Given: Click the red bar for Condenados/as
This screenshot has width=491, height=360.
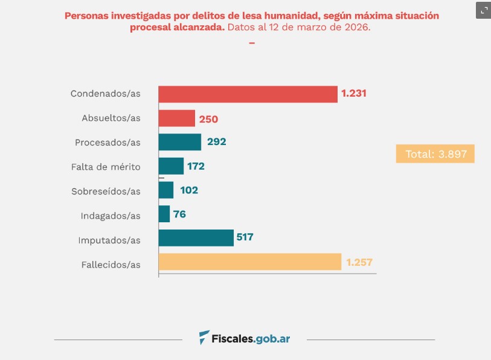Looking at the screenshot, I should (248, 94).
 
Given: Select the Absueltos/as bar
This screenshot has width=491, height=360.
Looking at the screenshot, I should (176, 118).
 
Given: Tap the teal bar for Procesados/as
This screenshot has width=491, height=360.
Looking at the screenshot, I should (179, 142).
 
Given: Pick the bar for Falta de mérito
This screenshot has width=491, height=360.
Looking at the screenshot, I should (171, 166).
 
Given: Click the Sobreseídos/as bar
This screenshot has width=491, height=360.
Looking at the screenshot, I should (166, 190).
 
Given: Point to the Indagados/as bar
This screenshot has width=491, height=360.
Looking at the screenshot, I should (164, 214).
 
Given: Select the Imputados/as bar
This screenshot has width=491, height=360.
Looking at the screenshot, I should (196, 238).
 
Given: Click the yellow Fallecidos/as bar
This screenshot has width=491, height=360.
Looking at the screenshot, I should (249, 262).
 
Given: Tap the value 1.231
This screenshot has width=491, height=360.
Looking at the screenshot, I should (354, 94).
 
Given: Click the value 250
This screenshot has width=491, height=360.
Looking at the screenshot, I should (208, 119).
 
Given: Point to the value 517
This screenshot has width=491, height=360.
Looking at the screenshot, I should (245, 237).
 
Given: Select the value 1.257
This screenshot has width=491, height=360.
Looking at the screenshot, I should (360, 263).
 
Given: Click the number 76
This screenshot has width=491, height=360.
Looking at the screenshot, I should (180, 214).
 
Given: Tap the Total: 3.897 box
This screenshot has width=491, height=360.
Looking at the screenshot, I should (435, 154).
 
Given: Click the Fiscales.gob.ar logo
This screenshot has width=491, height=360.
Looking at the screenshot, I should (245, 338).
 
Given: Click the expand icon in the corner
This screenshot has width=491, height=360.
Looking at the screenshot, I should (483, 10).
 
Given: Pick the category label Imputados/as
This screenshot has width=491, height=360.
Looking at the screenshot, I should (109, 240).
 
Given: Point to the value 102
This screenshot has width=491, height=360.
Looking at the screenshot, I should (188, 190).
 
